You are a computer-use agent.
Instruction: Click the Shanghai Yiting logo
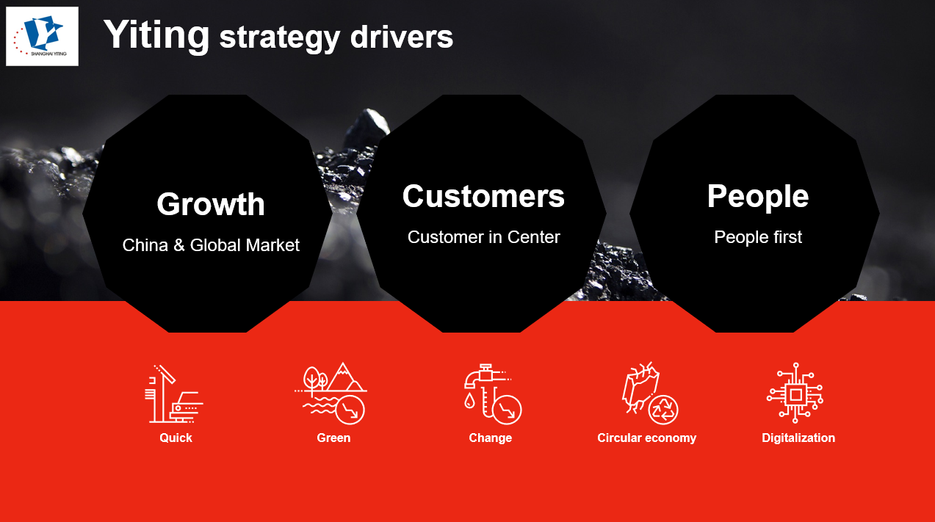pos(42,36)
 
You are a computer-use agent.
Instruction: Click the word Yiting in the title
pos(156,34)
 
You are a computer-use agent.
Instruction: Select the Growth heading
pos(211,204)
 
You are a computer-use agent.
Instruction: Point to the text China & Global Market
pos(211,245)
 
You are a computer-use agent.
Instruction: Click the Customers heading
pos(483,196)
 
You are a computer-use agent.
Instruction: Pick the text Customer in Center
pos(483,237)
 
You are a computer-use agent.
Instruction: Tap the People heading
pos(757,196)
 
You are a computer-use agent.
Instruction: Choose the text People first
pos(757,237)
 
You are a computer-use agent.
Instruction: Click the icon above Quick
pos(175,394)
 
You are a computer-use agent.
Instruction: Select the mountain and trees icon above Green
pos(333,394)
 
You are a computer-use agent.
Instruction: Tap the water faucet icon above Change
pos(491,394)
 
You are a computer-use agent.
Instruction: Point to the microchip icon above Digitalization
pos(795,394)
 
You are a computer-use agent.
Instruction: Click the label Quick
pos(176,438)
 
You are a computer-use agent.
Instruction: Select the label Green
pos(333,438)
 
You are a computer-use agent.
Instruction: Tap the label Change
pos(490,438)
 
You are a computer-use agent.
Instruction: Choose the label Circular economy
pos(646,438)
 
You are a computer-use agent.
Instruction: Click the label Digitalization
pos(798,438)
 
